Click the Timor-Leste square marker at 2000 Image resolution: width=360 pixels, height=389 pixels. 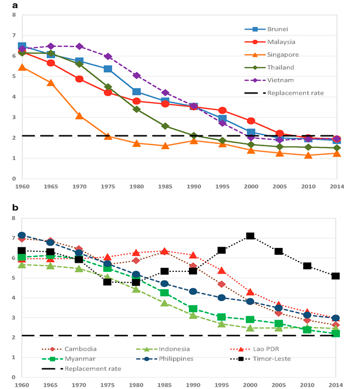pos(250,236)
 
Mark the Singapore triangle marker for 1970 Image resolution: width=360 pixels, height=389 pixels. pos(79,116)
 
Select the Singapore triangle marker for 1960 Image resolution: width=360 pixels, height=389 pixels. pos(22,68)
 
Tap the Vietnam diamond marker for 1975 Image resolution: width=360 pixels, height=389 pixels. pos(108,56)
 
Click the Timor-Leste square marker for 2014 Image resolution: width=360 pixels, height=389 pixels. pos(336,276)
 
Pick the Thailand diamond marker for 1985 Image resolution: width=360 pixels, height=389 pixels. pos(165,126)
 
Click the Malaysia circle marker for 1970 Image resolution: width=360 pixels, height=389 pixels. pos(79,79)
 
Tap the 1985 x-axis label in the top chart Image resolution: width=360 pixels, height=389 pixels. pos(165,188)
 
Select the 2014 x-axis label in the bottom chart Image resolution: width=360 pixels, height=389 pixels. pos(336,384)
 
